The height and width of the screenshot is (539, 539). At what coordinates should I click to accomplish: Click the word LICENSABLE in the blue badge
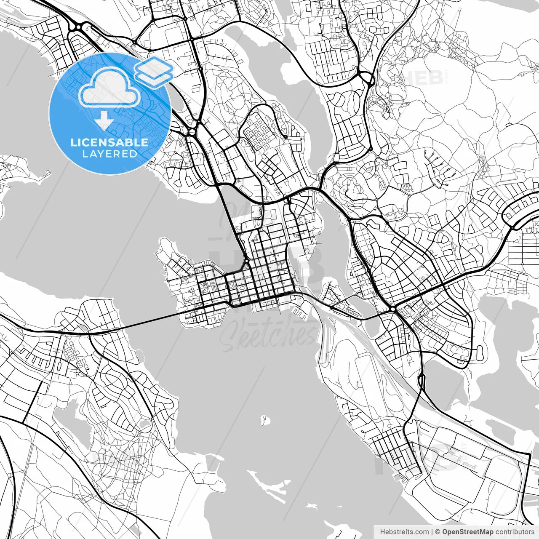109,142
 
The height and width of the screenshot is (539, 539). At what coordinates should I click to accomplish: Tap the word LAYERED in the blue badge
109,154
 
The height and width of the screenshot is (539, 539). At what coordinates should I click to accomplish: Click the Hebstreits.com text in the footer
404,532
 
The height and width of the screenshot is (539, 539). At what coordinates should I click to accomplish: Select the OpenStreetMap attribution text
467,532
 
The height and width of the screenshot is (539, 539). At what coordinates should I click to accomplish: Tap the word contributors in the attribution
514,532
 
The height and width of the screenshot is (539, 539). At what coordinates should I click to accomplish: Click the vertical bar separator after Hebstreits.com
432,532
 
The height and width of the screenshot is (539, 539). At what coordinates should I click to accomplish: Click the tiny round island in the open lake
265,420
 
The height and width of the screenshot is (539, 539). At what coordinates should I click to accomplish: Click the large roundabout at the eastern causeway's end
392,309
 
